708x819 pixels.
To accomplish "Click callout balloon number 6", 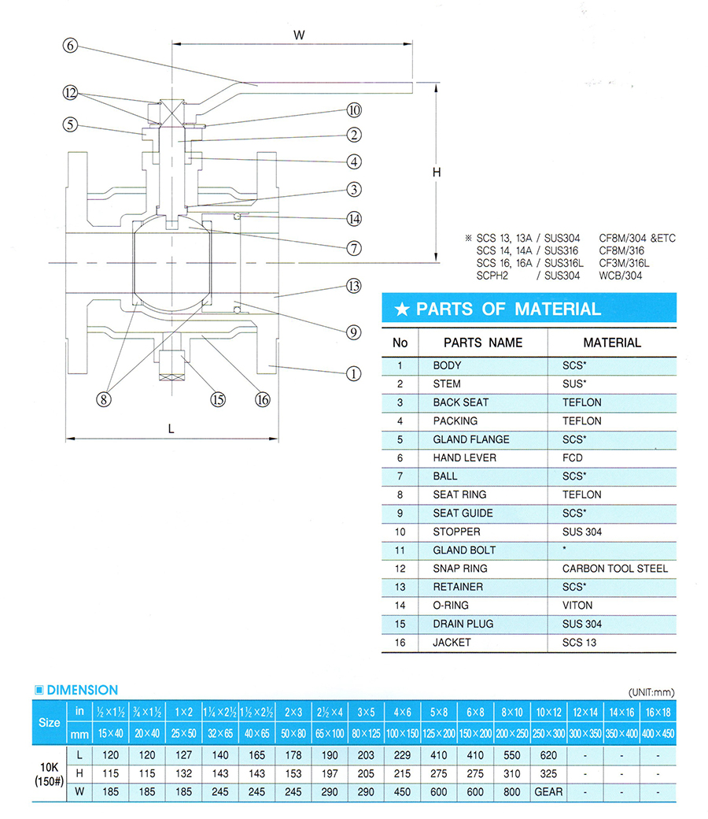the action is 70,46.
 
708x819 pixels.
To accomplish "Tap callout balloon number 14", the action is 354,219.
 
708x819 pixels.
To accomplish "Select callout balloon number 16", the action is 263,399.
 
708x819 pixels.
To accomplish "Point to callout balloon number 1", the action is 354,373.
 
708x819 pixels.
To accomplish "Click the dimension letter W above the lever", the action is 299,35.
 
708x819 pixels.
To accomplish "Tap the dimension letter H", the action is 437,172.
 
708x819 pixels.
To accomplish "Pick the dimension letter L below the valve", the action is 171,429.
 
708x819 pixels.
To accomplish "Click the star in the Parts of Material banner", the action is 402,309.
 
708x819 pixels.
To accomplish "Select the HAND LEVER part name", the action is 464,458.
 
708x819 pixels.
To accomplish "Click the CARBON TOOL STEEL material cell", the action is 615,569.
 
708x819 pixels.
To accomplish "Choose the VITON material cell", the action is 577,606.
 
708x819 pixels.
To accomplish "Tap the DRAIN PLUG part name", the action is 463,624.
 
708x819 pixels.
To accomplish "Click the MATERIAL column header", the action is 612,343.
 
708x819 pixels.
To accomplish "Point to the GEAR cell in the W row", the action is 548,792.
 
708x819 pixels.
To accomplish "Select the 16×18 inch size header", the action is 658,712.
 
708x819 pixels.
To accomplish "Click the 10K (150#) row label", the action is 49,774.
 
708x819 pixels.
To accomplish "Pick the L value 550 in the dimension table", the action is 512,755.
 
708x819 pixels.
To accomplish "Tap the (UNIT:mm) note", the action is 651,692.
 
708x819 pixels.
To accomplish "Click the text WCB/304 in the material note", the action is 621,276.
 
